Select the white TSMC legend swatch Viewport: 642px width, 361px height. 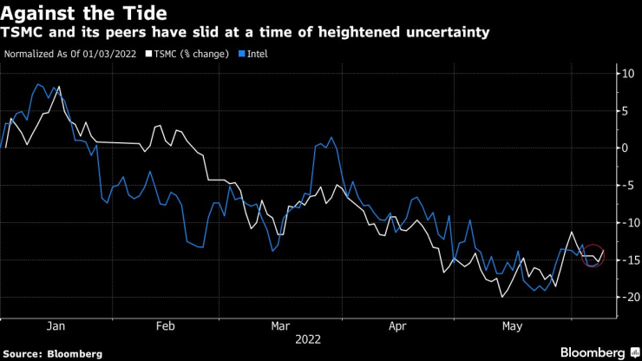tap(148, 54)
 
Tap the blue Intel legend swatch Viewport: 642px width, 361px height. tap(242, 54)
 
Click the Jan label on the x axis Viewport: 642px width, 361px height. tap(56, 326)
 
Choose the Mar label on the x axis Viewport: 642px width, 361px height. tap(280, 326)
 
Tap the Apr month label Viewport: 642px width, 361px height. tap(396, 326)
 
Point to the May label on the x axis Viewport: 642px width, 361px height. tap(512, 326)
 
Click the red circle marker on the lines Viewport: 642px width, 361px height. tap(593, 255)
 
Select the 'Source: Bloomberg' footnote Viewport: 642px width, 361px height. tap(51, 353)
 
